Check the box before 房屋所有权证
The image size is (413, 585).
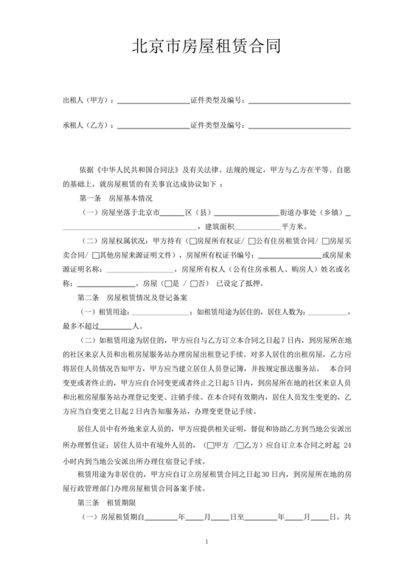(x=192, y=241)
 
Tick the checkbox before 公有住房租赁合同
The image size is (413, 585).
(x=251, y=241)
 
